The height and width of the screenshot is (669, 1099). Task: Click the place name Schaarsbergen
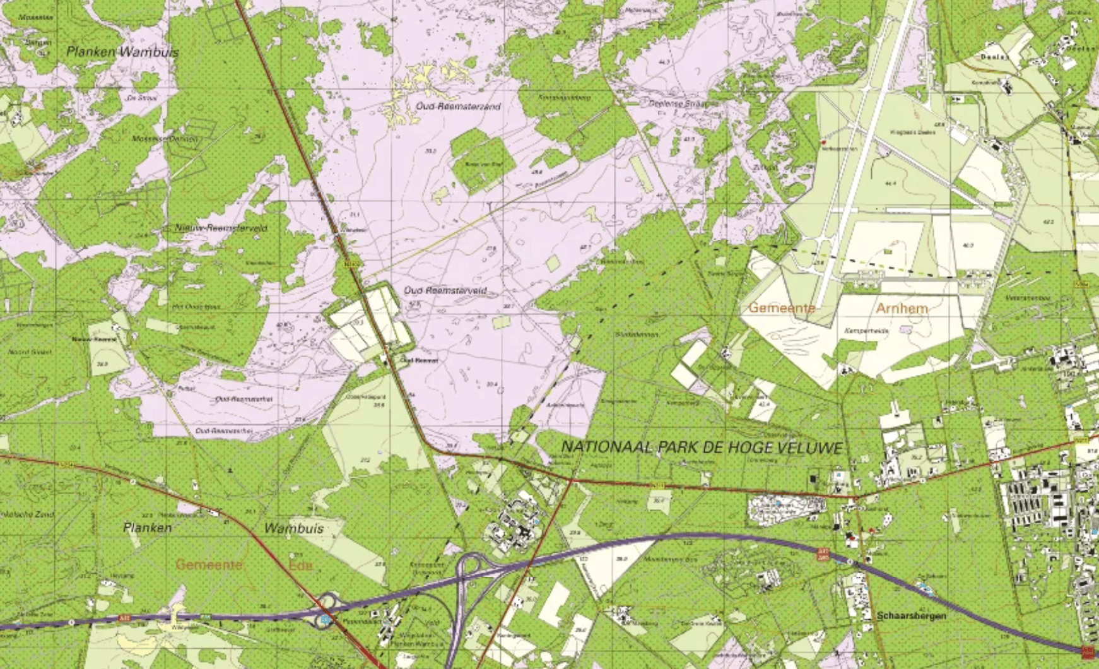point(911,615)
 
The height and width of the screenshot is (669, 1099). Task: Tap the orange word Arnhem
point(902,308)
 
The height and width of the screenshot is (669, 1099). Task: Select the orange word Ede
point(301,564)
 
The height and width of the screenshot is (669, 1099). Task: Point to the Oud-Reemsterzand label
point(458,106)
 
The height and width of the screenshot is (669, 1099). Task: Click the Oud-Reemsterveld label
point(445,290)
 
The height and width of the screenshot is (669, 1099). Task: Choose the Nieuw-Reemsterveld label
point(221,227)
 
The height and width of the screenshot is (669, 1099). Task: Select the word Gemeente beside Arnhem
point(782,308)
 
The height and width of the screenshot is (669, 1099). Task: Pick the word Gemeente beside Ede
point(209,564)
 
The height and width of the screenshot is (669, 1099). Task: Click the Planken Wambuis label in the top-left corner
point(123,52)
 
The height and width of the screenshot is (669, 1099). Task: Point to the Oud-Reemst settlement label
point(420,360)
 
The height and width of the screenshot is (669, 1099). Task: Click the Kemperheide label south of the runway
point(866,330)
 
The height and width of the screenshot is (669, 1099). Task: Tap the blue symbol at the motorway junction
point(325,620)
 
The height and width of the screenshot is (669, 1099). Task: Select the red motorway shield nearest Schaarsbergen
point(823,554)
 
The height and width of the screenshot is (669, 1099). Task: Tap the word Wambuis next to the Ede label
point(294,528)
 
